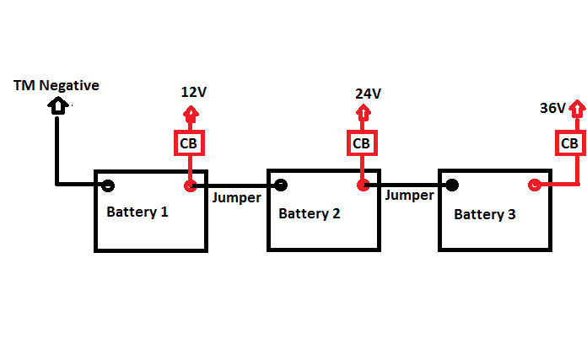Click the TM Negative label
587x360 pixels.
57,85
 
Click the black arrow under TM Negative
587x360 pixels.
57,106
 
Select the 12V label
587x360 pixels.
193,92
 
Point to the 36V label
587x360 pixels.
552,108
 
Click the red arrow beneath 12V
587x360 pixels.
191,114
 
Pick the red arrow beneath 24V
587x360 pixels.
362,115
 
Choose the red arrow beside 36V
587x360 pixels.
577,109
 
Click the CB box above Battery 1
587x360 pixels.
189,144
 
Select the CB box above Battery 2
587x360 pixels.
362,143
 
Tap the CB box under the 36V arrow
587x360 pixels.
570,143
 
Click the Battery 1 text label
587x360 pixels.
137,212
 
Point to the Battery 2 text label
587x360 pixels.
310,213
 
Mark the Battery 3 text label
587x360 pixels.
485,214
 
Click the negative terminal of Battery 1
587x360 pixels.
108,185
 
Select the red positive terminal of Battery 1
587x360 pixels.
191,185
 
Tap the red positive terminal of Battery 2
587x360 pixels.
363,185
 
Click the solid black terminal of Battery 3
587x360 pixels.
453,185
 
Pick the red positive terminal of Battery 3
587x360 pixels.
534,185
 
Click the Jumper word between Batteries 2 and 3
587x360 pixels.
409,195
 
